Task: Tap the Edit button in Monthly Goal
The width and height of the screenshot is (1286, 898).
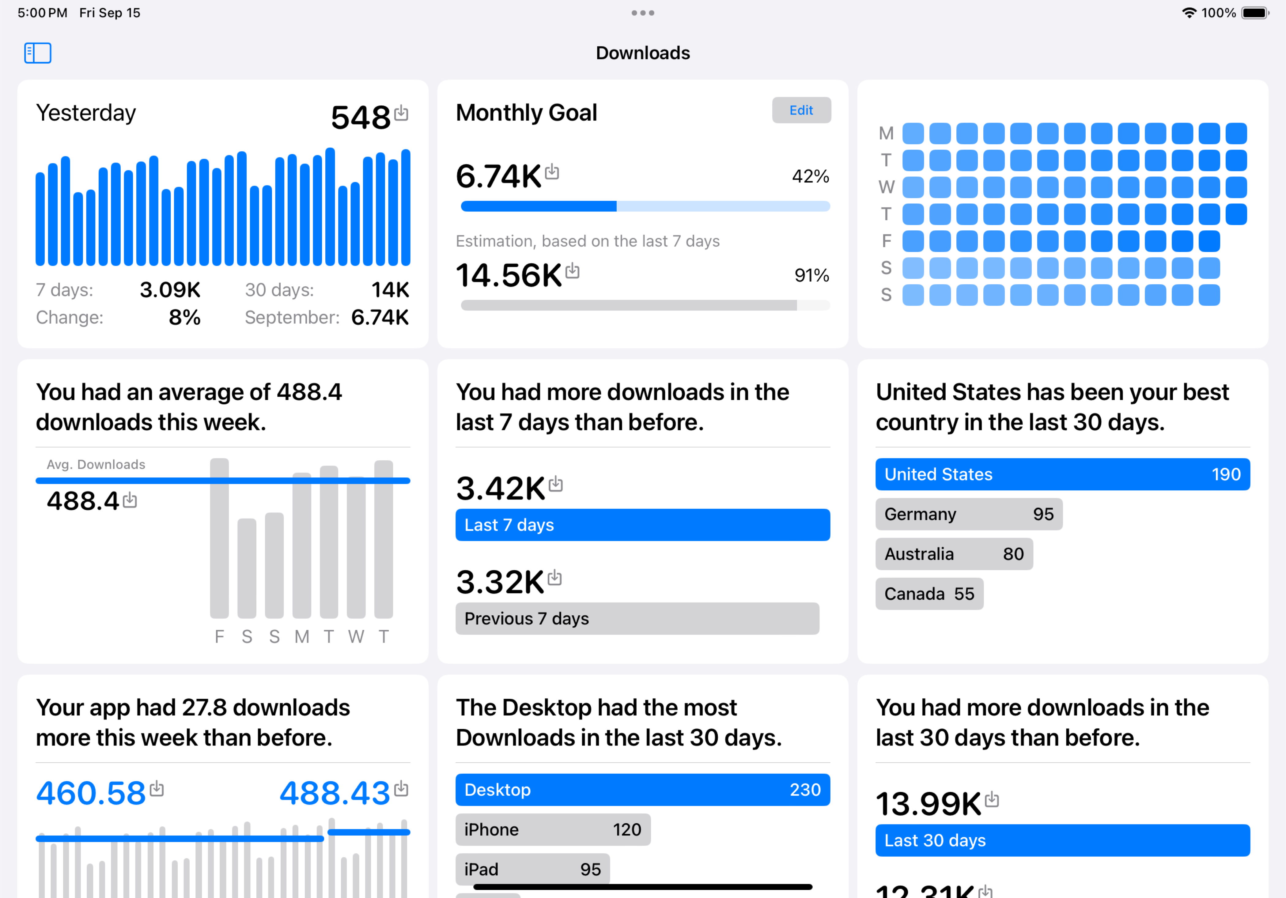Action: (801, 110)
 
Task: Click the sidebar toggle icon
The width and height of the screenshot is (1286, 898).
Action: (38, 53)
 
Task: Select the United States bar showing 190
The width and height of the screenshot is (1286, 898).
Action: (1062, 474)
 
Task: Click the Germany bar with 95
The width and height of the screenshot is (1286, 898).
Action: (968, 514)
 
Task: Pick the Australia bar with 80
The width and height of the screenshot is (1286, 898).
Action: (954, 554)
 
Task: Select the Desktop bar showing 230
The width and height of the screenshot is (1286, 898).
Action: (642, 789)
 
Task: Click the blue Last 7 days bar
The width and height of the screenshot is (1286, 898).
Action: (642, 525)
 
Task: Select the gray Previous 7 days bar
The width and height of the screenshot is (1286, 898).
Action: (637, 618)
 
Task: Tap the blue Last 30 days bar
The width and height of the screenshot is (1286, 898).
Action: (1062, 840)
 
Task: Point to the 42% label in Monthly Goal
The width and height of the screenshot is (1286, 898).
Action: (810, 176)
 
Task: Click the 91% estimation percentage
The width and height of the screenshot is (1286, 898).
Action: (811, 275)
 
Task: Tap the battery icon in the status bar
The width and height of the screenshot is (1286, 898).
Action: (1255, 13)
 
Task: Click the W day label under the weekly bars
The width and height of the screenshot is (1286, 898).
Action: (356, 636)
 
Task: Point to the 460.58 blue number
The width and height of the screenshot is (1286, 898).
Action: (91, 793)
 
